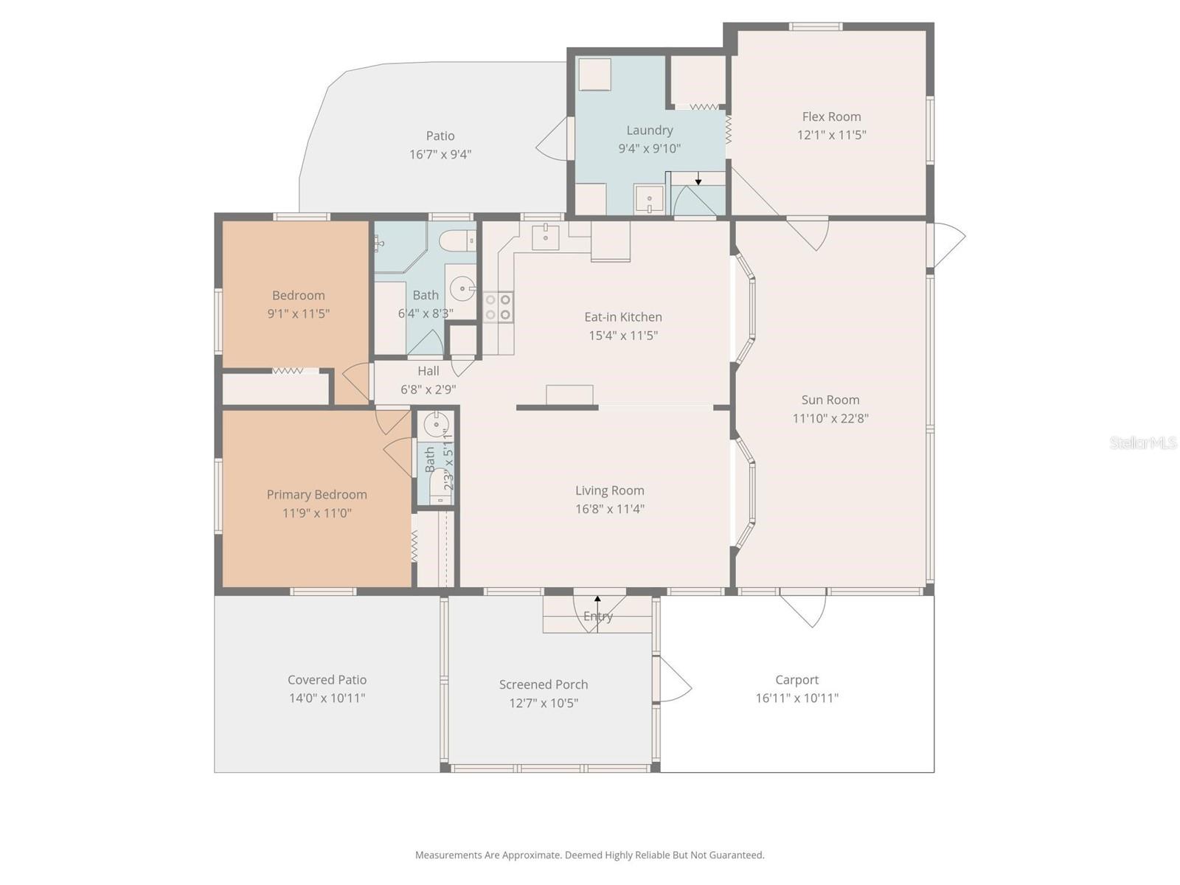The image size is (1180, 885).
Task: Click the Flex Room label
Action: coord(831,117)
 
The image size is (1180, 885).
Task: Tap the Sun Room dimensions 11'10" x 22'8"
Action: coord(830,418)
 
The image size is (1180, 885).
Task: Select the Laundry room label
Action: coord(649,131)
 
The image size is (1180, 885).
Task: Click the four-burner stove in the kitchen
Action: coord(498,307)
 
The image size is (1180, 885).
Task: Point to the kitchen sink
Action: coord(545,237)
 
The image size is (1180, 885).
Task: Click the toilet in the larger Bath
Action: coord(457,240)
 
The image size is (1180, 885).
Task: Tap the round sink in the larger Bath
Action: coord(462,288)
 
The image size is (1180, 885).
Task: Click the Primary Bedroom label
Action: coord(316,495)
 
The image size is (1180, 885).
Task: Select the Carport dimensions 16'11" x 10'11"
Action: coord(796,698)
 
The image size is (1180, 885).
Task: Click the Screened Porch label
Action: coord(543,684)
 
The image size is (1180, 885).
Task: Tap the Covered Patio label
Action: coord(327,680)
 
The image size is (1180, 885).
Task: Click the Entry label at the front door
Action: coord(597,617)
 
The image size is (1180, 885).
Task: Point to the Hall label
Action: coord(428,371)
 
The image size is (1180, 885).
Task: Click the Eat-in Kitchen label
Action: coord(622,317)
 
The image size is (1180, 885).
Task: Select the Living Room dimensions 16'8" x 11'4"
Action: coord(609,509)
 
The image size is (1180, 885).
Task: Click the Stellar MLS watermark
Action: coord(1142,442)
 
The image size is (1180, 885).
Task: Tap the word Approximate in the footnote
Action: coord(531,855)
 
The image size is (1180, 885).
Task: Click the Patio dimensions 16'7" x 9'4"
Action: coord(440,154)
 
